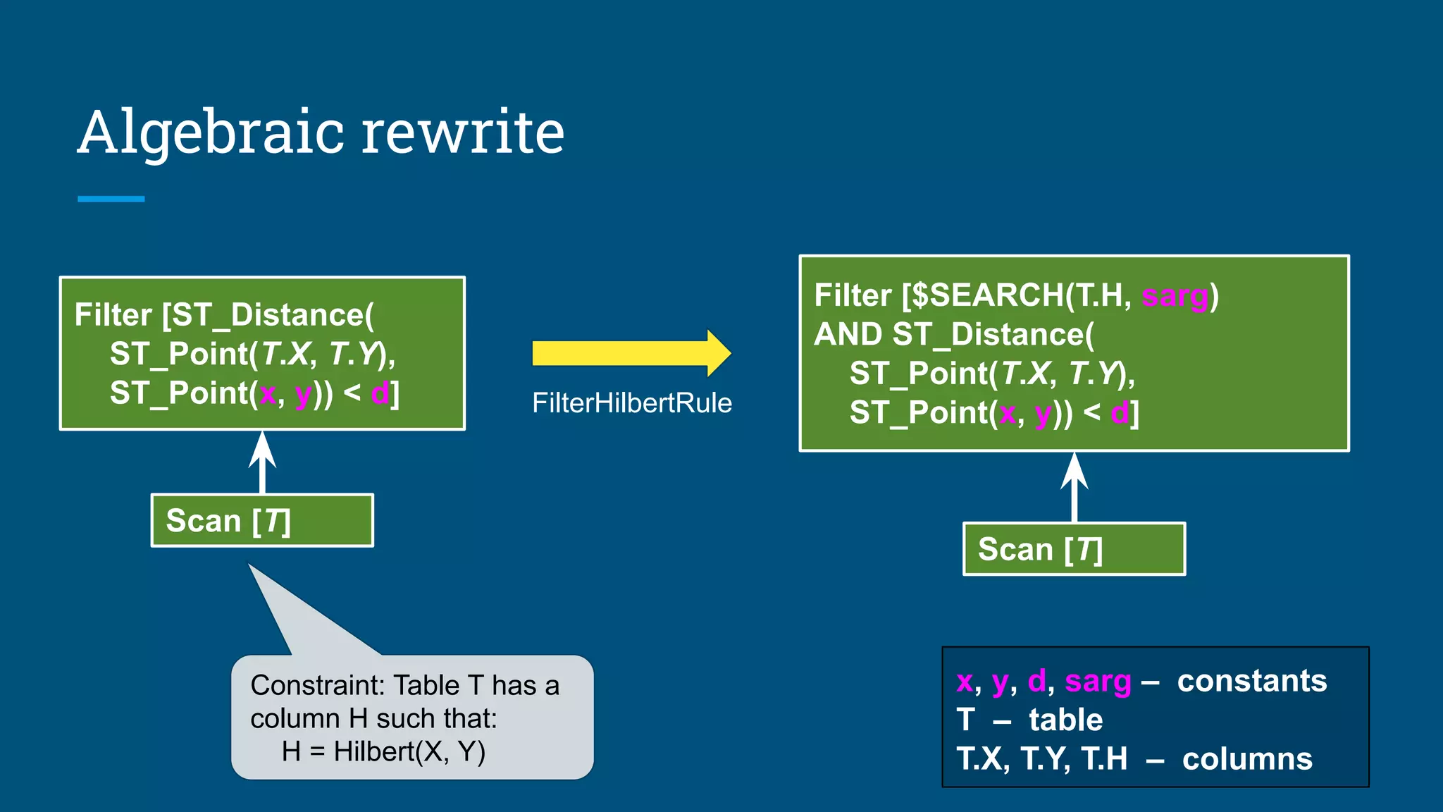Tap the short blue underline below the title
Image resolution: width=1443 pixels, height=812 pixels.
click(x=111, y=199)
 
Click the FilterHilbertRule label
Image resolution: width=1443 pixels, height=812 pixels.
click(x=631, y=403)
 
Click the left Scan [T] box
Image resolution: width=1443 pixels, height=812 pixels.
click(x=262, y=521)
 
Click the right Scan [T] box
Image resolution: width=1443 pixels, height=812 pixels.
click(x=1074, y=549)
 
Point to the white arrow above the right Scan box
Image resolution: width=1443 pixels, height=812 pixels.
click(x=1074, y=486)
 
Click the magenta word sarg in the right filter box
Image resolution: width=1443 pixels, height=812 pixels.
click(x=1175, y=295)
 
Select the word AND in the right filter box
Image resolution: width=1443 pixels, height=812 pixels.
click(x=848, y=334)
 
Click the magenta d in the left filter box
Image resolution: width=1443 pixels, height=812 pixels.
click(x=379, y=393)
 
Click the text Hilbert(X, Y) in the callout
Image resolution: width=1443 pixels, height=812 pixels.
click(x=409, y=751)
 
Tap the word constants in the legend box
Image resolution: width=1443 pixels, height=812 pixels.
click(x=1251, y=681)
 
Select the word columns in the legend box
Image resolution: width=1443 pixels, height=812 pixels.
click(x=1246, y=759)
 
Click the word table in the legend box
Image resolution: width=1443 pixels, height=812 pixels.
click(x=1065, y=720)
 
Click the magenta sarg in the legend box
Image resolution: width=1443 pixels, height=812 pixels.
click(x=1097, y=682)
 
